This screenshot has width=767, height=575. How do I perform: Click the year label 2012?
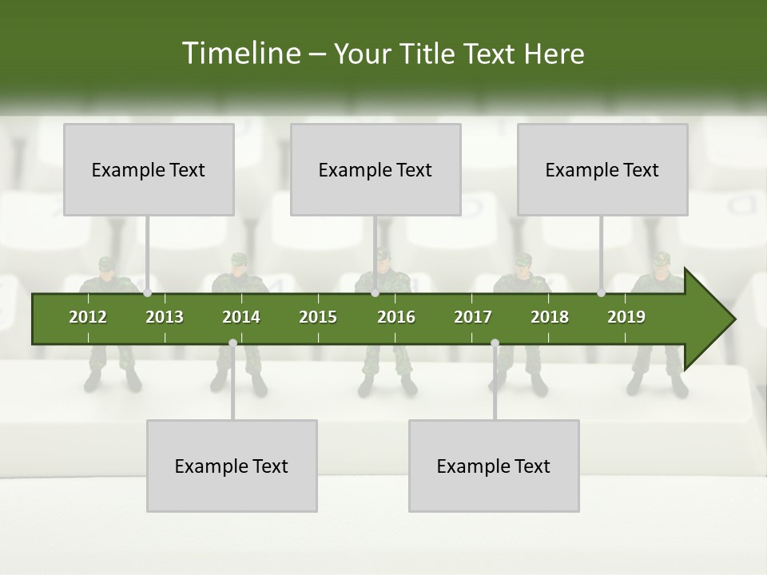88,317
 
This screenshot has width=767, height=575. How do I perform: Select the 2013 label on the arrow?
165,317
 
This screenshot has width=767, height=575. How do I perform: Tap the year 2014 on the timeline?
241,317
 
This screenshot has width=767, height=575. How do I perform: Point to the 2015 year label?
318,317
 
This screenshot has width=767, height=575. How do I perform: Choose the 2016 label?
396,317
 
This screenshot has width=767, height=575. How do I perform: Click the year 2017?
473,317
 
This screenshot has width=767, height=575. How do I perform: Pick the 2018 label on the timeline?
550,317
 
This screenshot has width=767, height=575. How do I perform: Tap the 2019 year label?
626,317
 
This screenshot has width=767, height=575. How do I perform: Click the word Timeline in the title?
240,54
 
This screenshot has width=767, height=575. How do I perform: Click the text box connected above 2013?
149,169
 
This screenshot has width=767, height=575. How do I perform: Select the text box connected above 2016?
376,169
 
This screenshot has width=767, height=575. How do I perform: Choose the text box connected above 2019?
602,169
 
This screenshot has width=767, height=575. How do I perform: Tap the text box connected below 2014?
232,466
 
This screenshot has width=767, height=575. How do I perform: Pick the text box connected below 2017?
494,466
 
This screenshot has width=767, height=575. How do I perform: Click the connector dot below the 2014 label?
232,343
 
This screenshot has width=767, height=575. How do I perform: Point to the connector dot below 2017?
495,343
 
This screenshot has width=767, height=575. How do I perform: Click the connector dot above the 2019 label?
601,293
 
